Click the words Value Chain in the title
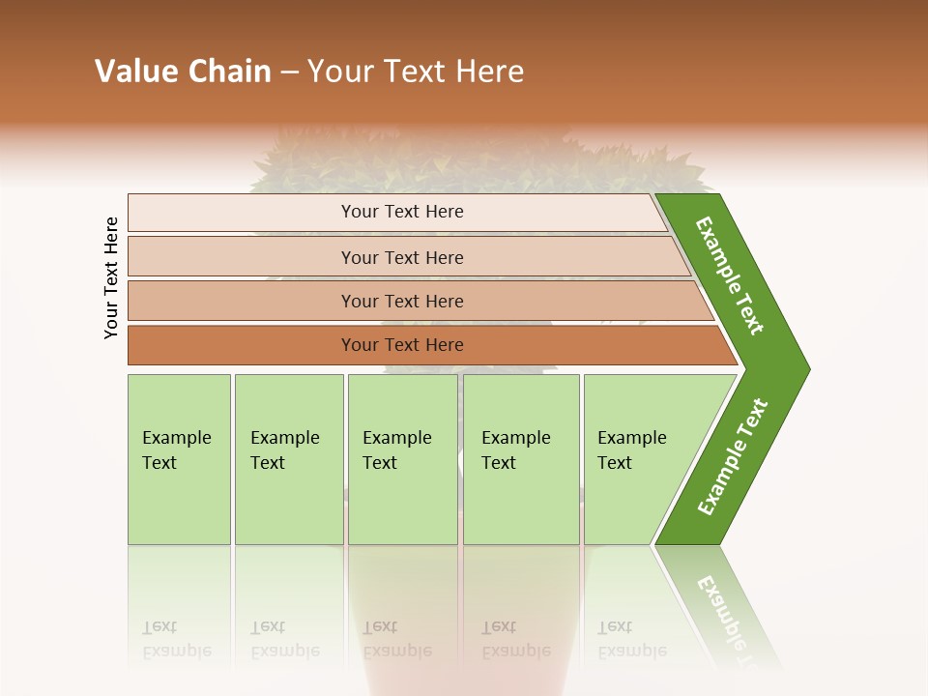(x=183, y=72)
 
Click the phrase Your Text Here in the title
(x=416, y=72)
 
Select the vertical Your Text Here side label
(x=112, y=277)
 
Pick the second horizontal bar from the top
(x=401, y=257)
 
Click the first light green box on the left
(x=179, y=459)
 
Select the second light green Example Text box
(x=288, y=459)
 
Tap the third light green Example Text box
(x=402, y=459)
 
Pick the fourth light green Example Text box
(x=521, y=459)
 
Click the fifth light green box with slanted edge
(x=638, y=459)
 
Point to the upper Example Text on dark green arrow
(x=730, y=275)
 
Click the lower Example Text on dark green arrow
(x=732, y=456)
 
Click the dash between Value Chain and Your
(x=289, y=72)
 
